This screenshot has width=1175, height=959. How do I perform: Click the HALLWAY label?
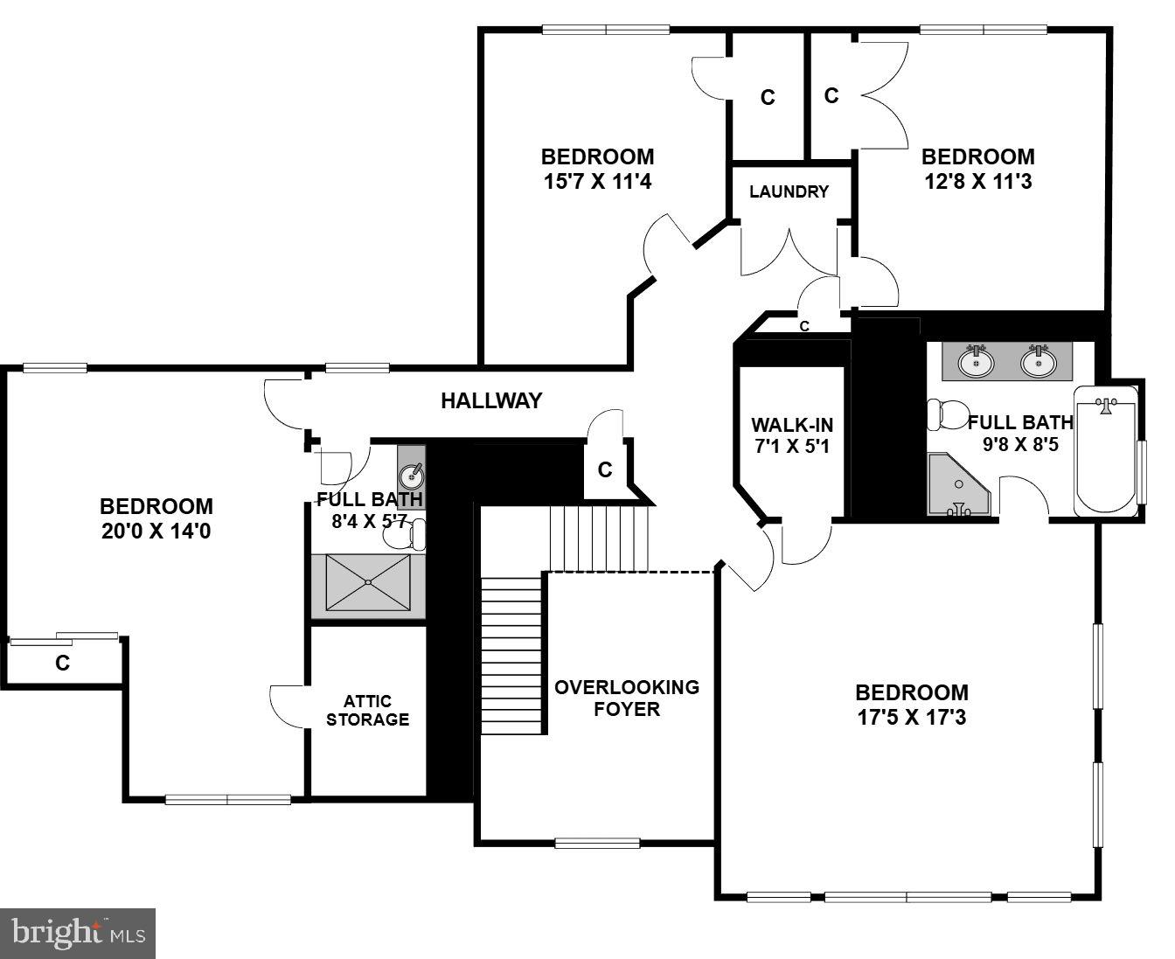[x=490, y=401]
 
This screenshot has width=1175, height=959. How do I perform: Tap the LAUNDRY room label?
[x=789, y=191]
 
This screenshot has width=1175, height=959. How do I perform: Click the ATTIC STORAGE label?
[x=367, y=711]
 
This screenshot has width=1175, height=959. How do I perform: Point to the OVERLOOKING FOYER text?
[x=627, y=698]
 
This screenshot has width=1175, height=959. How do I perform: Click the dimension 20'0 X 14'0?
[x=156, y=532]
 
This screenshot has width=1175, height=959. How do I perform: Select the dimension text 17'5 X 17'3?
[x=912, y=718]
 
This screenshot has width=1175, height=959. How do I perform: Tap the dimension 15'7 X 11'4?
[x=597, y=182]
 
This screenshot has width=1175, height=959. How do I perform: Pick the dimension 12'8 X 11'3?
[x=977, y=182]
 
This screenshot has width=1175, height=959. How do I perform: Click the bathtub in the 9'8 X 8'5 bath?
[x=1106, y=455]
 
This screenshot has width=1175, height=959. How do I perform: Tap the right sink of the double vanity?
[x=1038, y=361]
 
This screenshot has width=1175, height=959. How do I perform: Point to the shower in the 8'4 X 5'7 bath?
[x=368, y=582]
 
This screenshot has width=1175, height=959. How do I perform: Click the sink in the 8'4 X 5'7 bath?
[x=412, y=476]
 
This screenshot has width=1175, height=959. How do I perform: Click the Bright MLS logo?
[x=79, y=933]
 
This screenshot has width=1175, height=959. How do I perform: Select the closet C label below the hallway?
[x=605, y=470]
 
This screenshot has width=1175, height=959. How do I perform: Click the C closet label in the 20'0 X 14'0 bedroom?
[x=62, y=664]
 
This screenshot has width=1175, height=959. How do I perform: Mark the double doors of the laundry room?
[x=789, y=252]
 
